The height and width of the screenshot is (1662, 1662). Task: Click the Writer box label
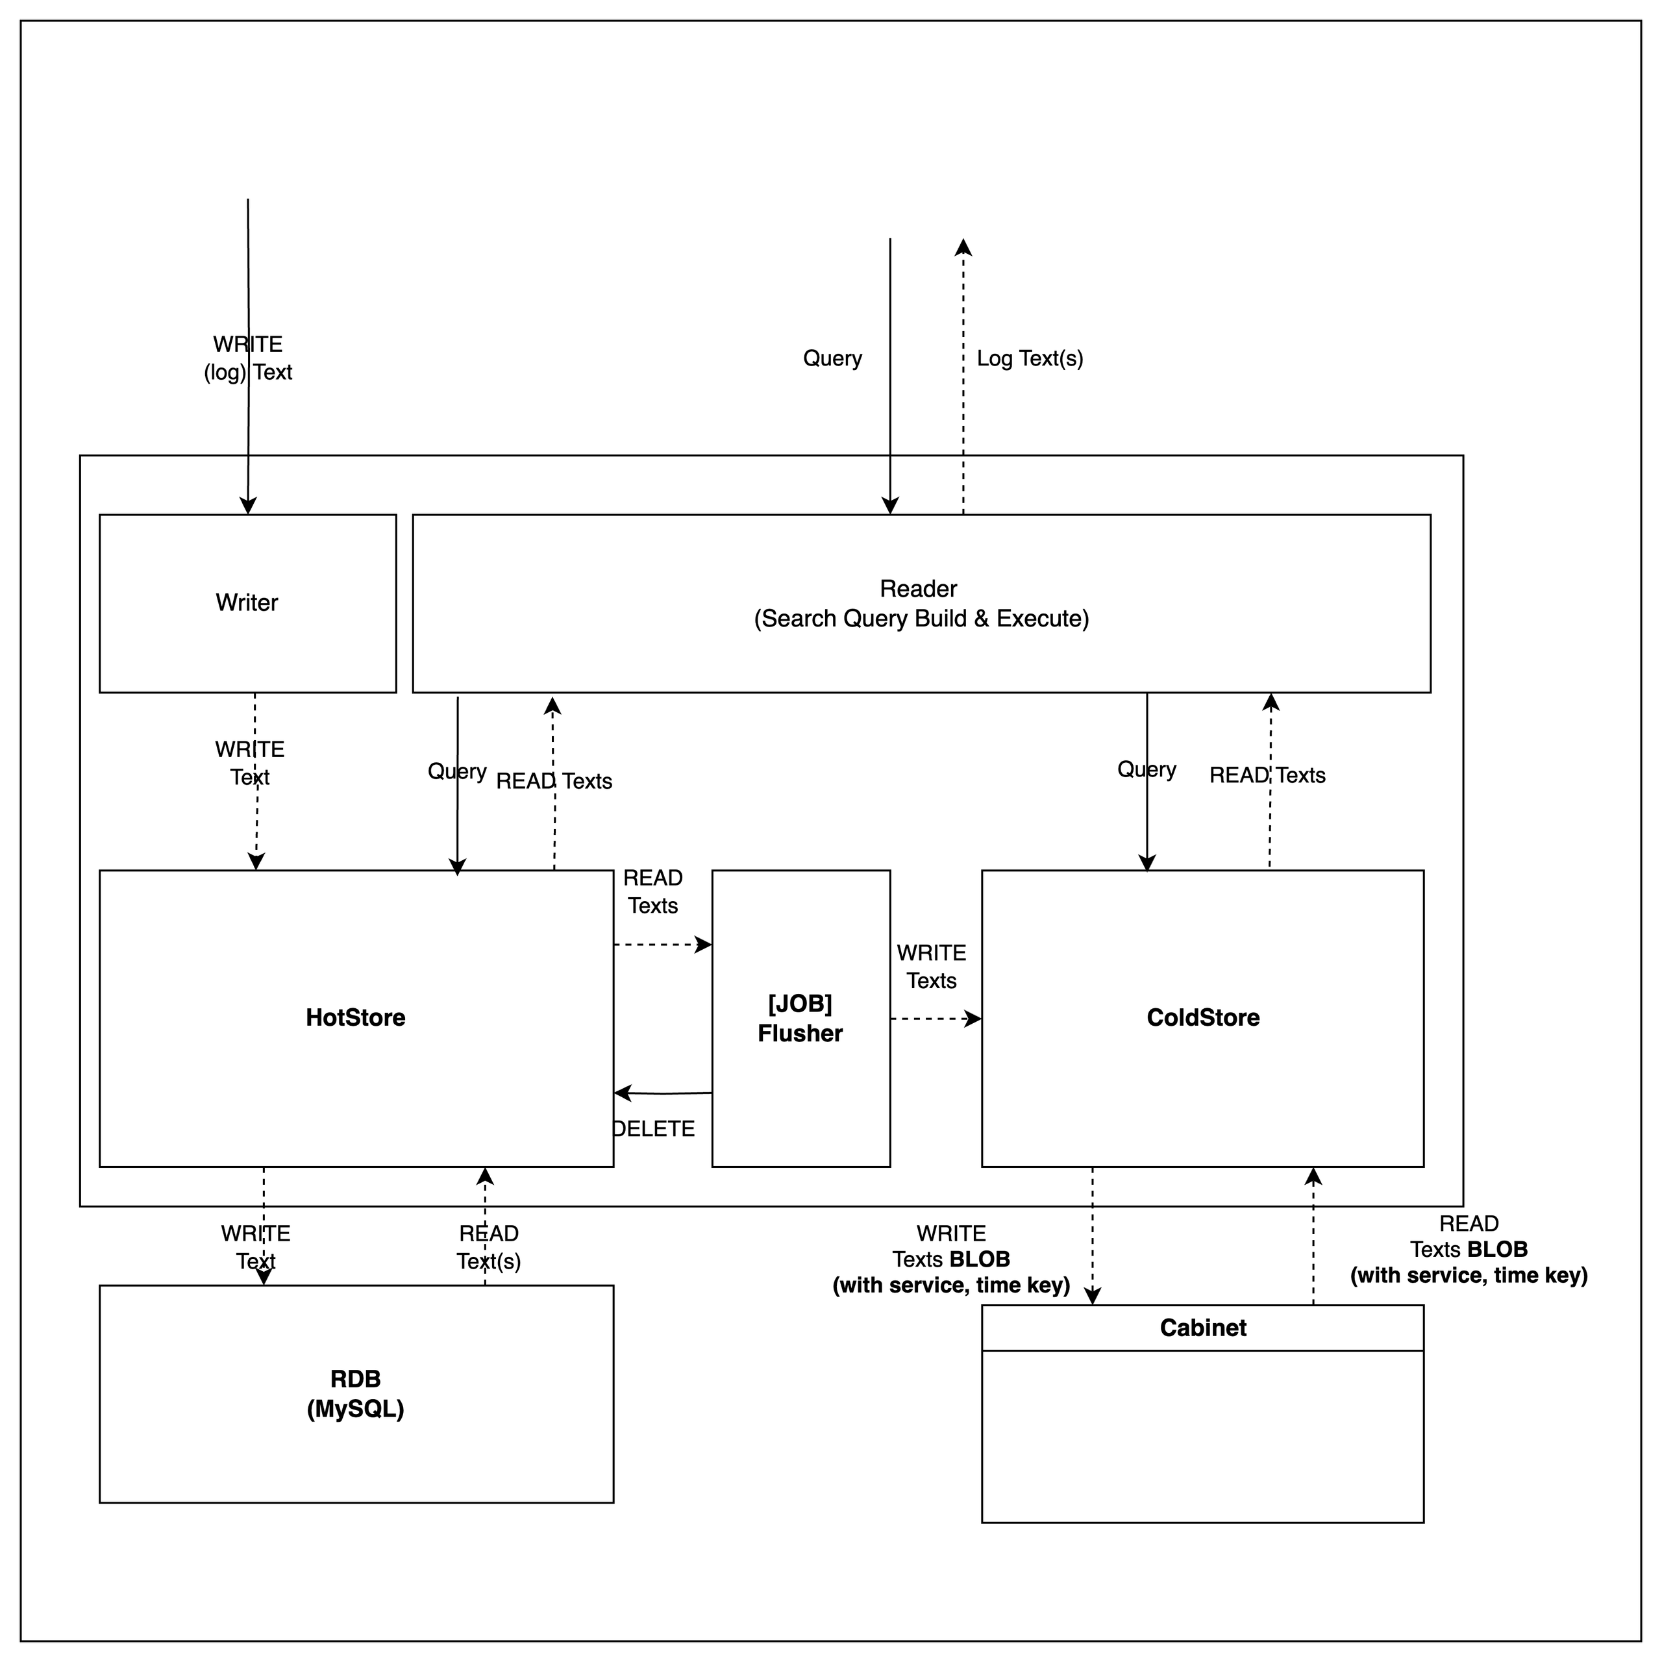[x=247, y=602]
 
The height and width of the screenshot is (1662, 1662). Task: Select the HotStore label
[x=355, y=1018]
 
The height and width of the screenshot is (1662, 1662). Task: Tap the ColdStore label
[x=1202, y=1018]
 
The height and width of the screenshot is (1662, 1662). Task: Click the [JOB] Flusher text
[x=800, y=1019]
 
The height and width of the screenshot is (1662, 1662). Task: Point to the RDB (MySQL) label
[x=355, y=1394]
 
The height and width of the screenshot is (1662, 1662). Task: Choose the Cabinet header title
[x=1202, y=1328]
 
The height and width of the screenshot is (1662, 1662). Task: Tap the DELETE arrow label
[x=654, y=1128]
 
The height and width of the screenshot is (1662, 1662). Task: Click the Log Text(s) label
[x=1030, y=359]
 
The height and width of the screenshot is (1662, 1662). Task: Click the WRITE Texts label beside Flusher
[x=932, y=967]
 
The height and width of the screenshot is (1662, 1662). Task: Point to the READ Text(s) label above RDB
[x=489, y=1247]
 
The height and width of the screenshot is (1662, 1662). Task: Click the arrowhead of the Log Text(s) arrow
[x=963, y=248]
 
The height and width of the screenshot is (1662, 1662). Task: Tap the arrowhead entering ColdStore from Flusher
[x=974, y=1019]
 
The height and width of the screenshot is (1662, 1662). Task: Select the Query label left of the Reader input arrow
[x=832, y=359]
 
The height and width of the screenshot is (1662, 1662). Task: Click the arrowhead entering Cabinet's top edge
[x=1093, y=1296]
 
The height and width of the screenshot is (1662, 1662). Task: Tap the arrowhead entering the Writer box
[x=248, y=506]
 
